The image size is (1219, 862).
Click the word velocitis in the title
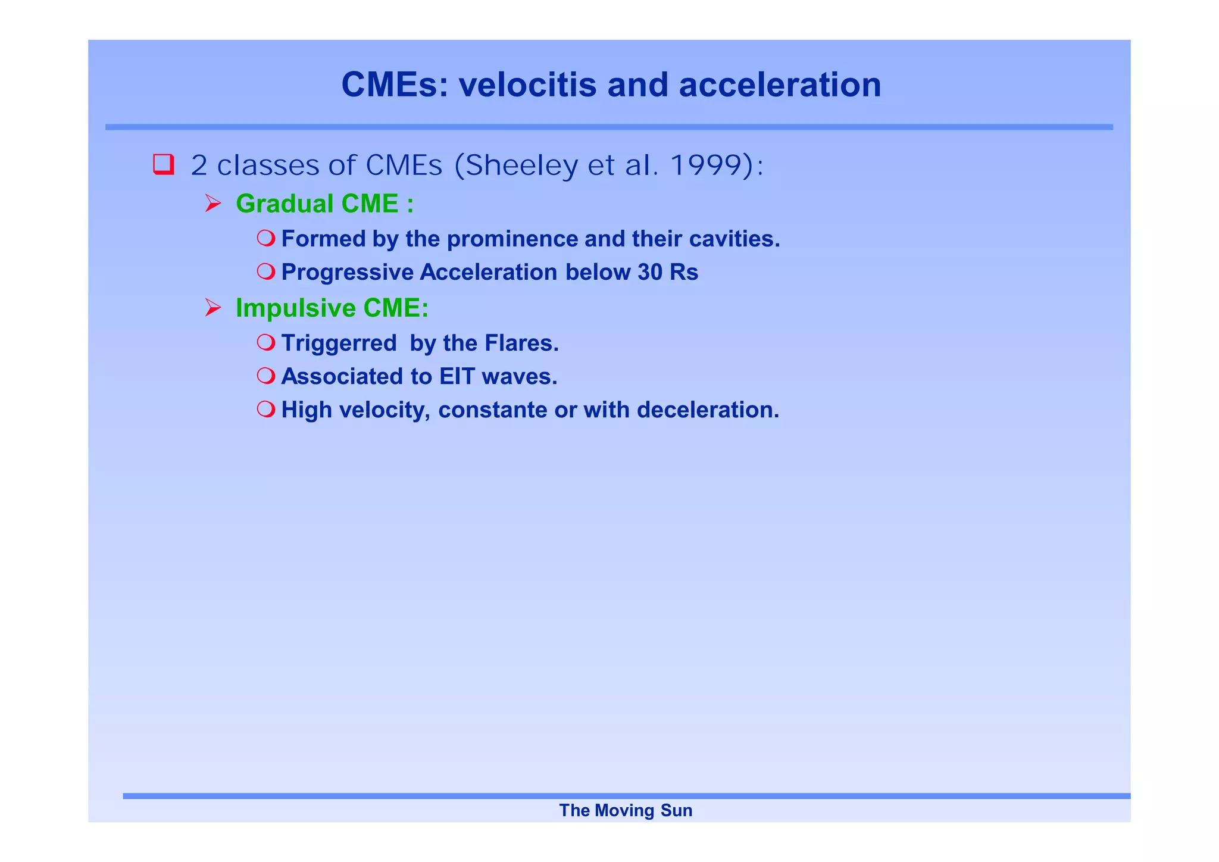click(527, 85)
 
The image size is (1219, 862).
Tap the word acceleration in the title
click(780, 85)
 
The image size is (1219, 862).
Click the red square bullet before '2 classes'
click(163, 164)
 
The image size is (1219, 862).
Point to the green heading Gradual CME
click(324, 204)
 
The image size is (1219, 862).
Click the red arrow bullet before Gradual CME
click(212, 204)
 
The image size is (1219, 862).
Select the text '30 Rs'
click(668, 272)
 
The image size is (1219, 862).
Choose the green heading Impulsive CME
click(332, 308)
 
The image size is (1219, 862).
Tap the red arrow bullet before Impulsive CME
click(212, 308)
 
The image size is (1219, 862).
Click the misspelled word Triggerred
click(339, 343)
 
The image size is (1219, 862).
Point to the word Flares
click(521, 343)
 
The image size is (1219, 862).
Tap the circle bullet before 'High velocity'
click(265, 409)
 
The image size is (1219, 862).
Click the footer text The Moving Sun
click(626, 810)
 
